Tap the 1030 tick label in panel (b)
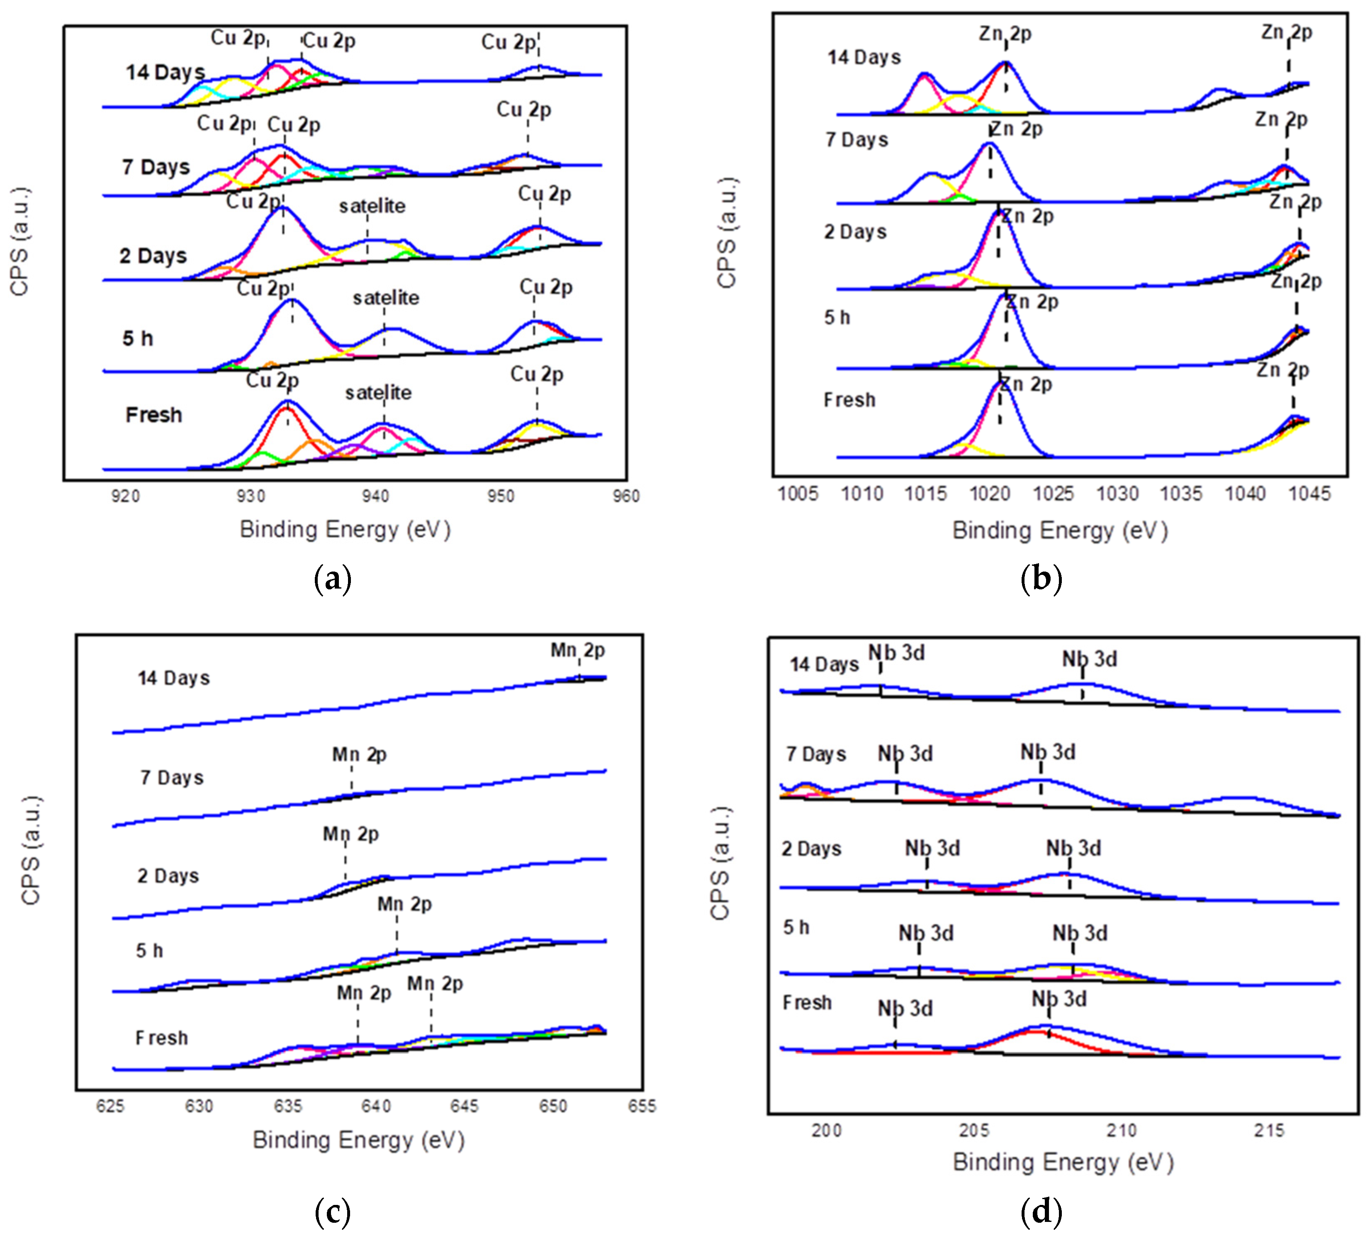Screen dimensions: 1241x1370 1117,494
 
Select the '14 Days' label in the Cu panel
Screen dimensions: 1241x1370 165,72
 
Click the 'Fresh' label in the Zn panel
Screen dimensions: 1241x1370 849,399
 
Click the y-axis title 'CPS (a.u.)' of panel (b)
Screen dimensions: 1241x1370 726,233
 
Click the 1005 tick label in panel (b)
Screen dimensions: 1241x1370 797,494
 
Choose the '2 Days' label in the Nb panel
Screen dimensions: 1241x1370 811,849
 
